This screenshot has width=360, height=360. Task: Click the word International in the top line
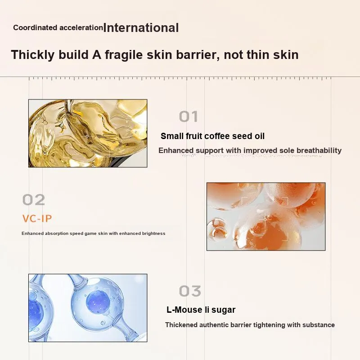click(x=141, y=28)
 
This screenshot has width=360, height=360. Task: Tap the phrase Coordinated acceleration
click(x=58, y=27)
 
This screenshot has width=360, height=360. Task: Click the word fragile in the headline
click(x=124, y=54)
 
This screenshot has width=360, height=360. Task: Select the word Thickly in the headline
click(x=33, y=54)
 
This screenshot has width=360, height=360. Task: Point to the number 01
click(x=189, y=117)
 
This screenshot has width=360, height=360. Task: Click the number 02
click(x=34, y=200)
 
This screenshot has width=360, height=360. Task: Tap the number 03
click(x=190, y=291)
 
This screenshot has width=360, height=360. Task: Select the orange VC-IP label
click(x=37, y=218)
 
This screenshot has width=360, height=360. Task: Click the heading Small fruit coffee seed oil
click(x=212, y=136)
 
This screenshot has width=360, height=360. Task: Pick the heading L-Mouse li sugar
click(x=201, y=310)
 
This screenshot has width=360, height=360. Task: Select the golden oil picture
click(x=88, y=133)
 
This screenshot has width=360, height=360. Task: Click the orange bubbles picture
click(x=266, y=216)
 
